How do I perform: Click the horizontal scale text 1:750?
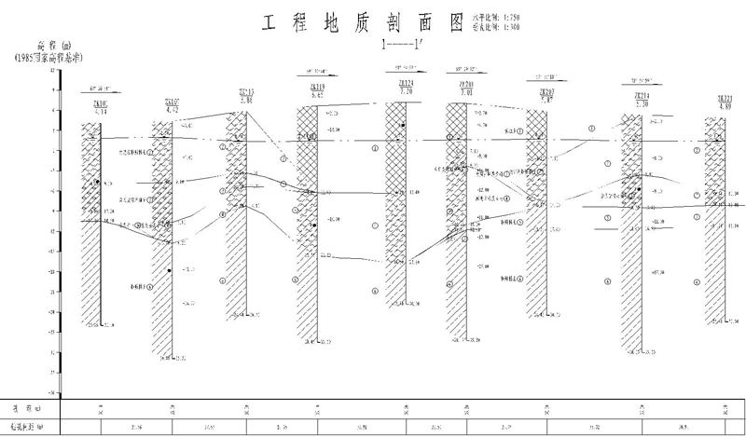[x=509, y=18]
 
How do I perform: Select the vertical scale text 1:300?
[x=509, y=27]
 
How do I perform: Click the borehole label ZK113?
[x=246, y=91]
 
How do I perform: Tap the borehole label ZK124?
[x=407, y=85]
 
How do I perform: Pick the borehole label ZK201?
[x=467, y=85]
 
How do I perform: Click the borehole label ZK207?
[x=547, y=92]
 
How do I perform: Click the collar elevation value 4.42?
[x=172, y=110]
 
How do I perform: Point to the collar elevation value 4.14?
[x=101, y=112]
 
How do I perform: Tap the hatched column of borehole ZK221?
[x=714, y=224]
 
